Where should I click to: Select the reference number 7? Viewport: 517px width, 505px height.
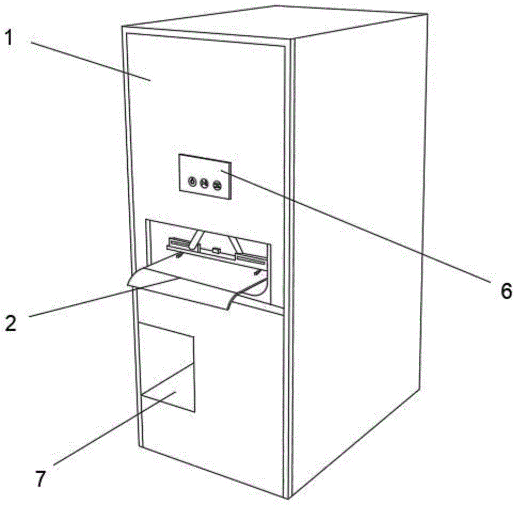40,478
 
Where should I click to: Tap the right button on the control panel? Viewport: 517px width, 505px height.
217,184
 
